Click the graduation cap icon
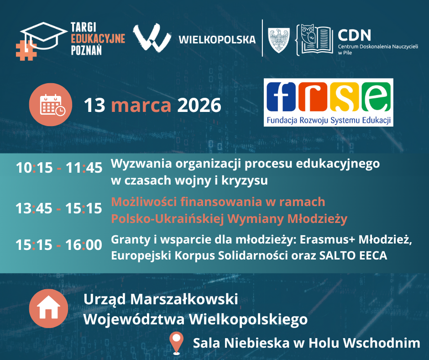(44, 36)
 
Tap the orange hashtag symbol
(26, 50)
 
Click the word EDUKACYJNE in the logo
(98, 39)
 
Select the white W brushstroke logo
(152, 38)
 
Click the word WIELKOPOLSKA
(217, 40)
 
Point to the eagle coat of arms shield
(278, 40)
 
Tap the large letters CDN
(354, 35)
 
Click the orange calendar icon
(51, 105)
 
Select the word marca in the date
(141, 105)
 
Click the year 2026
(199, 105)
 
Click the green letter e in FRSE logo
(376, 97)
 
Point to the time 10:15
(34, 168)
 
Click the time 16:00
(84, 245)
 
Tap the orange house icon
(48, 308)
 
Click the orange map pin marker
(177, 343)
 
